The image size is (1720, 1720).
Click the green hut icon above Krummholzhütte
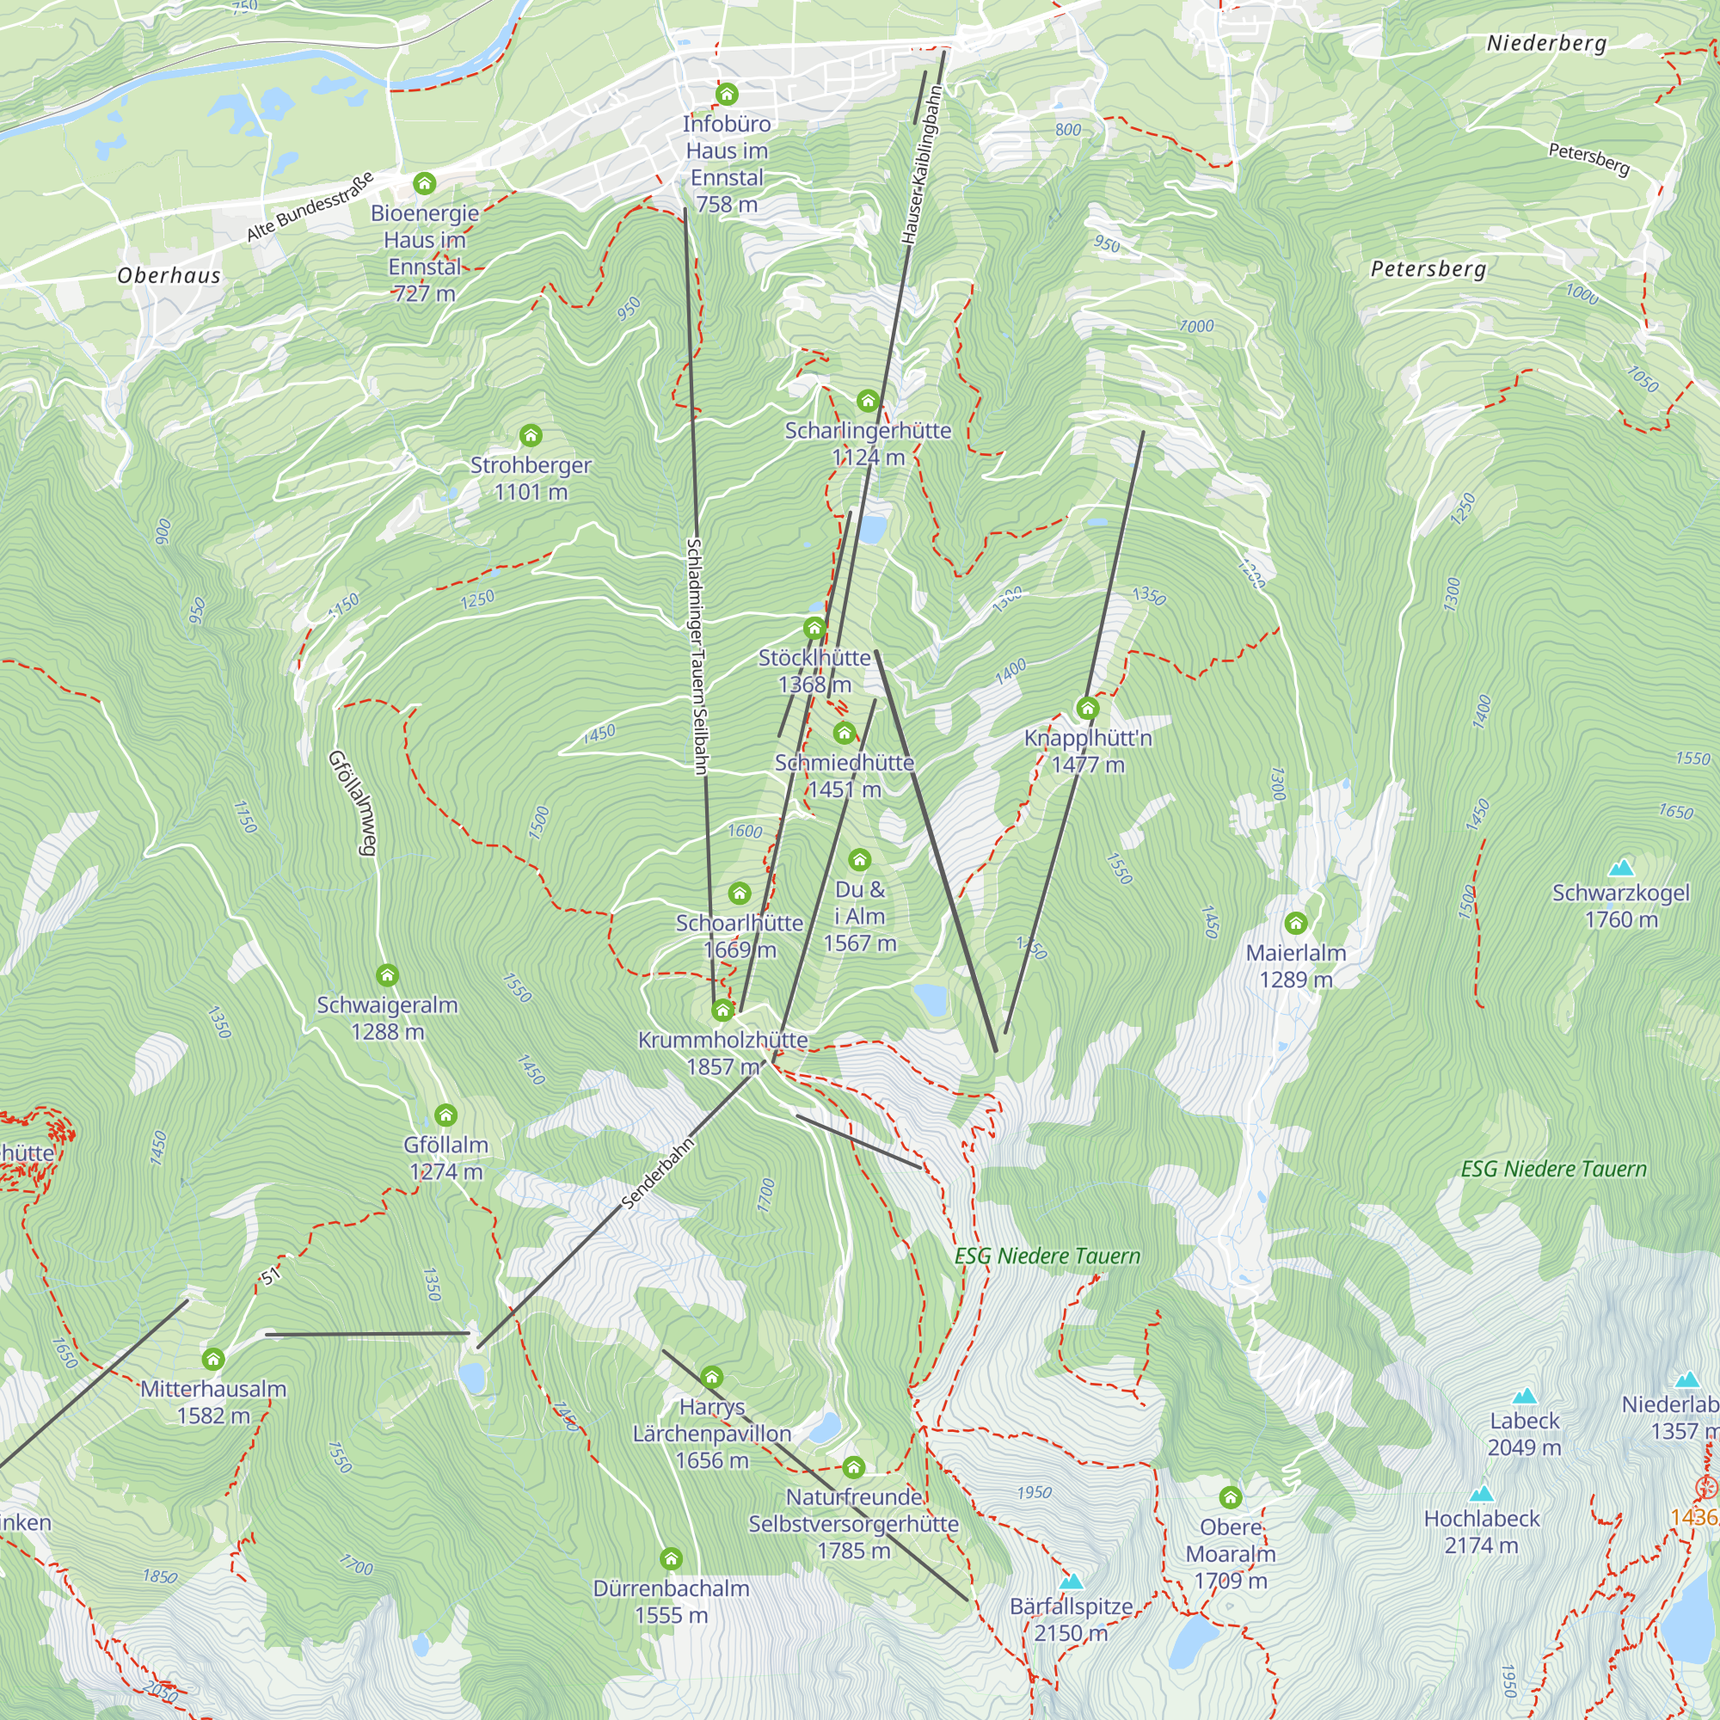coord(723,1010)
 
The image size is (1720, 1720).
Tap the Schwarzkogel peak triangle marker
coord(1621,868)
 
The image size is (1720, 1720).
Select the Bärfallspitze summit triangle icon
coord(1071,1582)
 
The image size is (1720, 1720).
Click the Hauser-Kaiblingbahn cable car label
coord(920,165)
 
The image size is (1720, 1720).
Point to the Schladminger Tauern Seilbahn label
coord(697,656)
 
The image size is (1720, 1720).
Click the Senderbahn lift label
coord(657,1173)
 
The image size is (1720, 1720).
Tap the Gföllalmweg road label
coord(353,802)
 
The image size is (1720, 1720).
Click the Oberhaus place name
coord(169,276)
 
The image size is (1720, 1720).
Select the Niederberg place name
coord(1546,44)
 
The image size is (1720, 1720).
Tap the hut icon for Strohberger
coord(531,435)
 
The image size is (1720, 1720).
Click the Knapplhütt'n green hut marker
coord(1087,709)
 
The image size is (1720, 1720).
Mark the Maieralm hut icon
coord(1295,923)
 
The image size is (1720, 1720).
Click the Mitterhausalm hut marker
coord(212,1360)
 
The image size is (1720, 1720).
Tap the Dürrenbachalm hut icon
coord(671,1559)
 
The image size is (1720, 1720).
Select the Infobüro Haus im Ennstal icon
coord(727,95)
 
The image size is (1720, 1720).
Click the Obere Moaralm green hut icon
coord(1231,1497)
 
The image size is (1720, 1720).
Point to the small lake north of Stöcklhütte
coord(872,531)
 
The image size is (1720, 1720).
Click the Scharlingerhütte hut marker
coord(868,401)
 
